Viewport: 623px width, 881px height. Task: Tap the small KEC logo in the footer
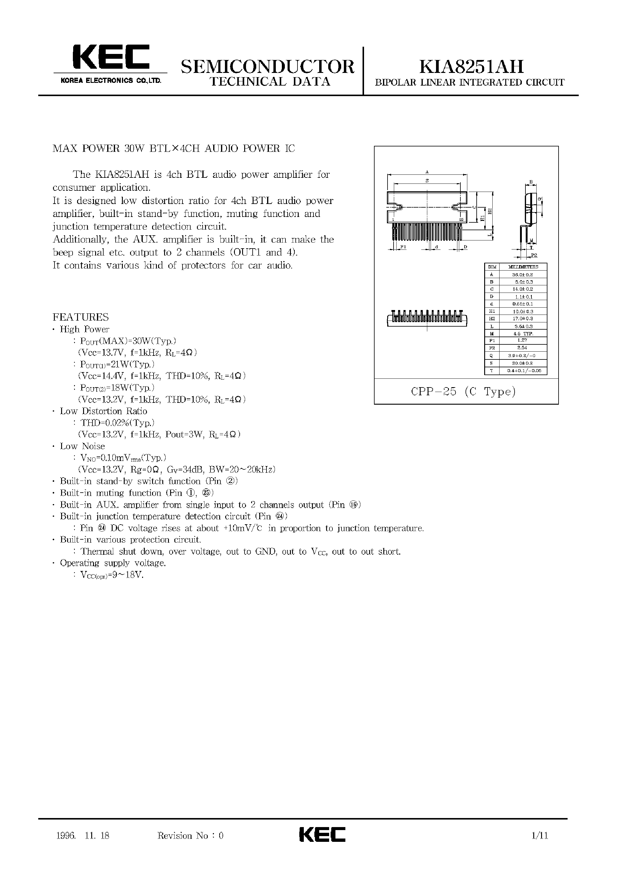point(322,835)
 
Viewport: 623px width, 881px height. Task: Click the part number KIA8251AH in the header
point(471,66)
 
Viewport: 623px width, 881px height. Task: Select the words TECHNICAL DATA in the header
point(270,82)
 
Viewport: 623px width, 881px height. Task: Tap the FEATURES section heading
point(81,317)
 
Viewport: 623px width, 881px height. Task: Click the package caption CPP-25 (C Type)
point(463,392)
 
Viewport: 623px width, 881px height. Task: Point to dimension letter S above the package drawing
point(427,180)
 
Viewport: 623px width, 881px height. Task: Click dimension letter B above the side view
point(531,182)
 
